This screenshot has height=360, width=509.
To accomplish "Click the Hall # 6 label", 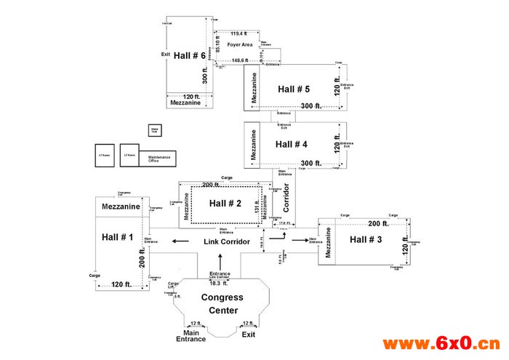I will click(x=189, y=57).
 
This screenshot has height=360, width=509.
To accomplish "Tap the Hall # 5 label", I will click(x=293, y=89).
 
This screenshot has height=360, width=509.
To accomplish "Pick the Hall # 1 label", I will click(x=118, y=237).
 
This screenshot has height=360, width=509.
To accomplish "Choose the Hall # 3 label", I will click(x=366, y=240).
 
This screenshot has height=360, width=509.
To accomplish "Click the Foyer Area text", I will click(x=240, y=45).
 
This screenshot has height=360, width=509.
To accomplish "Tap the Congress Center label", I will click(x=222, y=304).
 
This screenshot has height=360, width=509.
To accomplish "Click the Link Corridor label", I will click(x=227, y=241).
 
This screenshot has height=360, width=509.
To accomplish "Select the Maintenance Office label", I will click(x=159, y=159).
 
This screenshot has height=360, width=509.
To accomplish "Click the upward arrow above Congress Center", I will click(x=223, y=260).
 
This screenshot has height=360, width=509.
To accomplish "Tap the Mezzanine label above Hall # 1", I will click(x=121, y=207).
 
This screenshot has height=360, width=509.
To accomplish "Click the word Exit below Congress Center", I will click(x=249, y=335).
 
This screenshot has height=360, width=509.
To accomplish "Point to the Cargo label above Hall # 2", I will click(x=227, y=178).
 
